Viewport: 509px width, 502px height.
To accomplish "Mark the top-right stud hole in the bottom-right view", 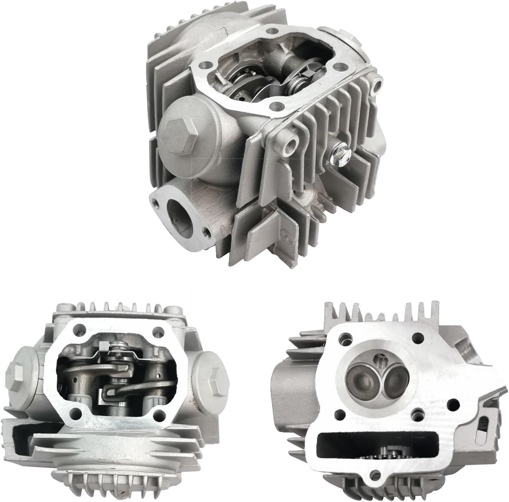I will tap(418, 336).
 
